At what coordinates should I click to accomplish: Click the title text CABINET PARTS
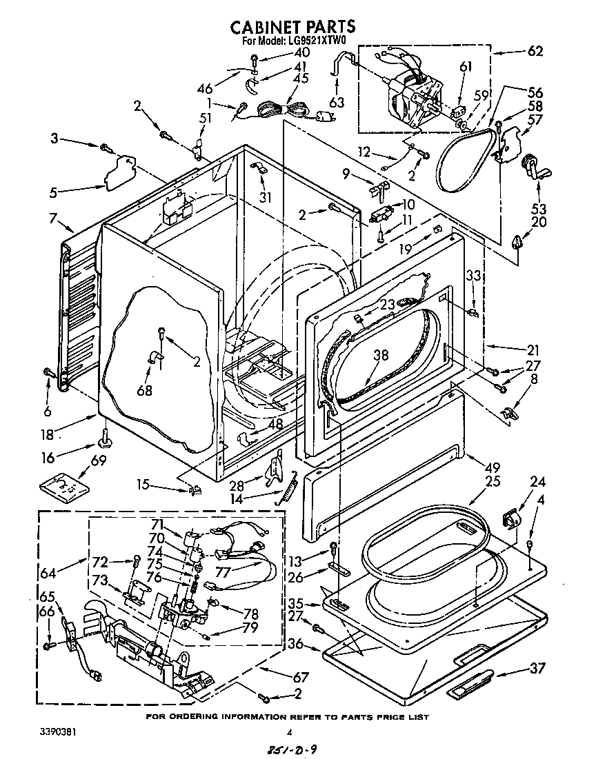292,26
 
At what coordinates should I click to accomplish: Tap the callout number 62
535,50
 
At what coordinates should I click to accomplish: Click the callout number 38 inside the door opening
381,356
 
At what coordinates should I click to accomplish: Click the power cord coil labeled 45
282,109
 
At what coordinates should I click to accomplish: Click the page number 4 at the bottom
290,733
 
